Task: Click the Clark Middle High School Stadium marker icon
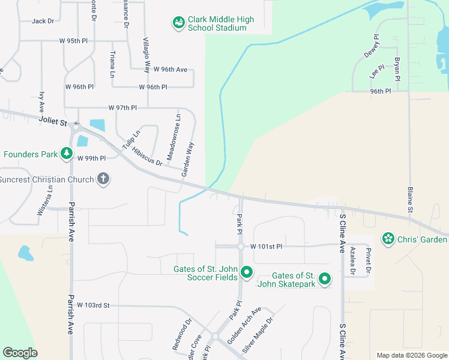178,23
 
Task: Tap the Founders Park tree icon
65,154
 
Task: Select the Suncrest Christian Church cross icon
103,179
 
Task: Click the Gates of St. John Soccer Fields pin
247,274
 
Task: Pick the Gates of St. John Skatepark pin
325,279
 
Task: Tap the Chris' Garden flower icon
388,239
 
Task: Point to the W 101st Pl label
266,246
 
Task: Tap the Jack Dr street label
43,21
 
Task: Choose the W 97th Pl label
122,107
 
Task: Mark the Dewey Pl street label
372,46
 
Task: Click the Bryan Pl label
397,68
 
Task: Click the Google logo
20,353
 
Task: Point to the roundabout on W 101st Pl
240,246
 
